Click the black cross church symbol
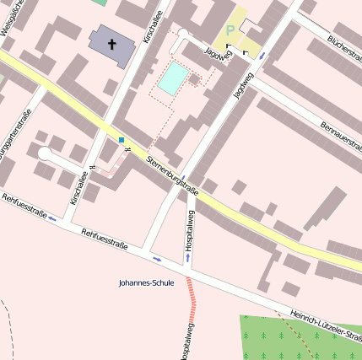[111, 42]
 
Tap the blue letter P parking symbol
[230, 30]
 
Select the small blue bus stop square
[122, 139]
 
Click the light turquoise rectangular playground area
[173, 78]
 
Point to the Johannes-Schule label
[147, 283]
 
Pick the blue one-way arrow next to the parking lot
[262, 56]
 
